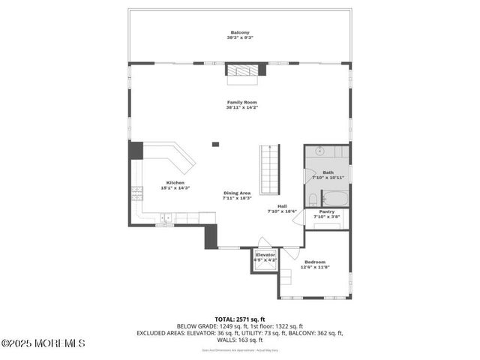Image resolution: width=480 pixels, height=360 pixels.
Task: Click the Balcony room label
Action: pyautogui.click(x=240, y=32)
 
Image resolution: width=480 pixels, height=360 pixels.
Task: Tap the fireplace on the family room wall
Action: pyautogui.click(x=246, y=70)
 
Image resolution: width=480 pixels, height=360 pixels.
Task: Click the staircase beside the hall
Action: pyautogui.click(x=269, y=169)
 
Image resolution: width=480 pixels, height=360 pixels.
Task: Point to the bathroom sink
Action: pyautogui.click(x=320, y=151)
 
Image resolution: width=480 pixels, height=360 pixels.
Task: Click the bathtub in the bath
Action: pyautogui.click(x=334, y=199)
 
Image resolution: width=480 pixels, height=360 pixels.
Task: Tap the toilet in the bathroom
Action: pyautogui.click(x=312, y=199)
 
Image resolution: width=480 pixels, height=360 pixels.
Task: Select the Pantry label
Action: pyautogui.click(x=327, y=211)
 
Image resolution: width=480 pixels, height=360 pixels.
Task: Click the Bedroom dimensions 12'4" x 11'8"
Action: pyautogui.click(x=315, y=267)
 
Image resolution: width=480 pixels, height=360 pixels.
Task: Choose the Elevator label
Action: pyautogui.click(x=265, y=255)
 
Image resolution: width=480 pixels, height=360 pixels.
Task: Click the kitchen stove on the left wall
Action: pyautogui.click(x=137, y=194)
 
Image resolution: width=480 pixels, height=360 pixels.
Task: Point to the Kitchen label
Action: pyautogui.click(x=175, y=182)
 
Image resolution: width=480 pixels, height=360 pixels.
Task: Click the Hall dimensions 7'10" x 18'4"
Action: pyautogui.click(x=282, y=211)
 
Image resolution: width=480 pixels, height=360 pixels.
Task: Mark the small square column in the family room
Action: pyautogui.click(x=215, y=144)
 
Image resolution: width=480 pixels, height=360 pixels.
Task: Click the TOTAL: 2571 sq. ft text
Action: pyautogui.click(x=239, y=319)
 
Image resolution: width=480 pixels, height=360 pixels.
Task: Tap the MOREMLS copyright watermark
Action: pyautogui.click(x=43, y=343)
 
